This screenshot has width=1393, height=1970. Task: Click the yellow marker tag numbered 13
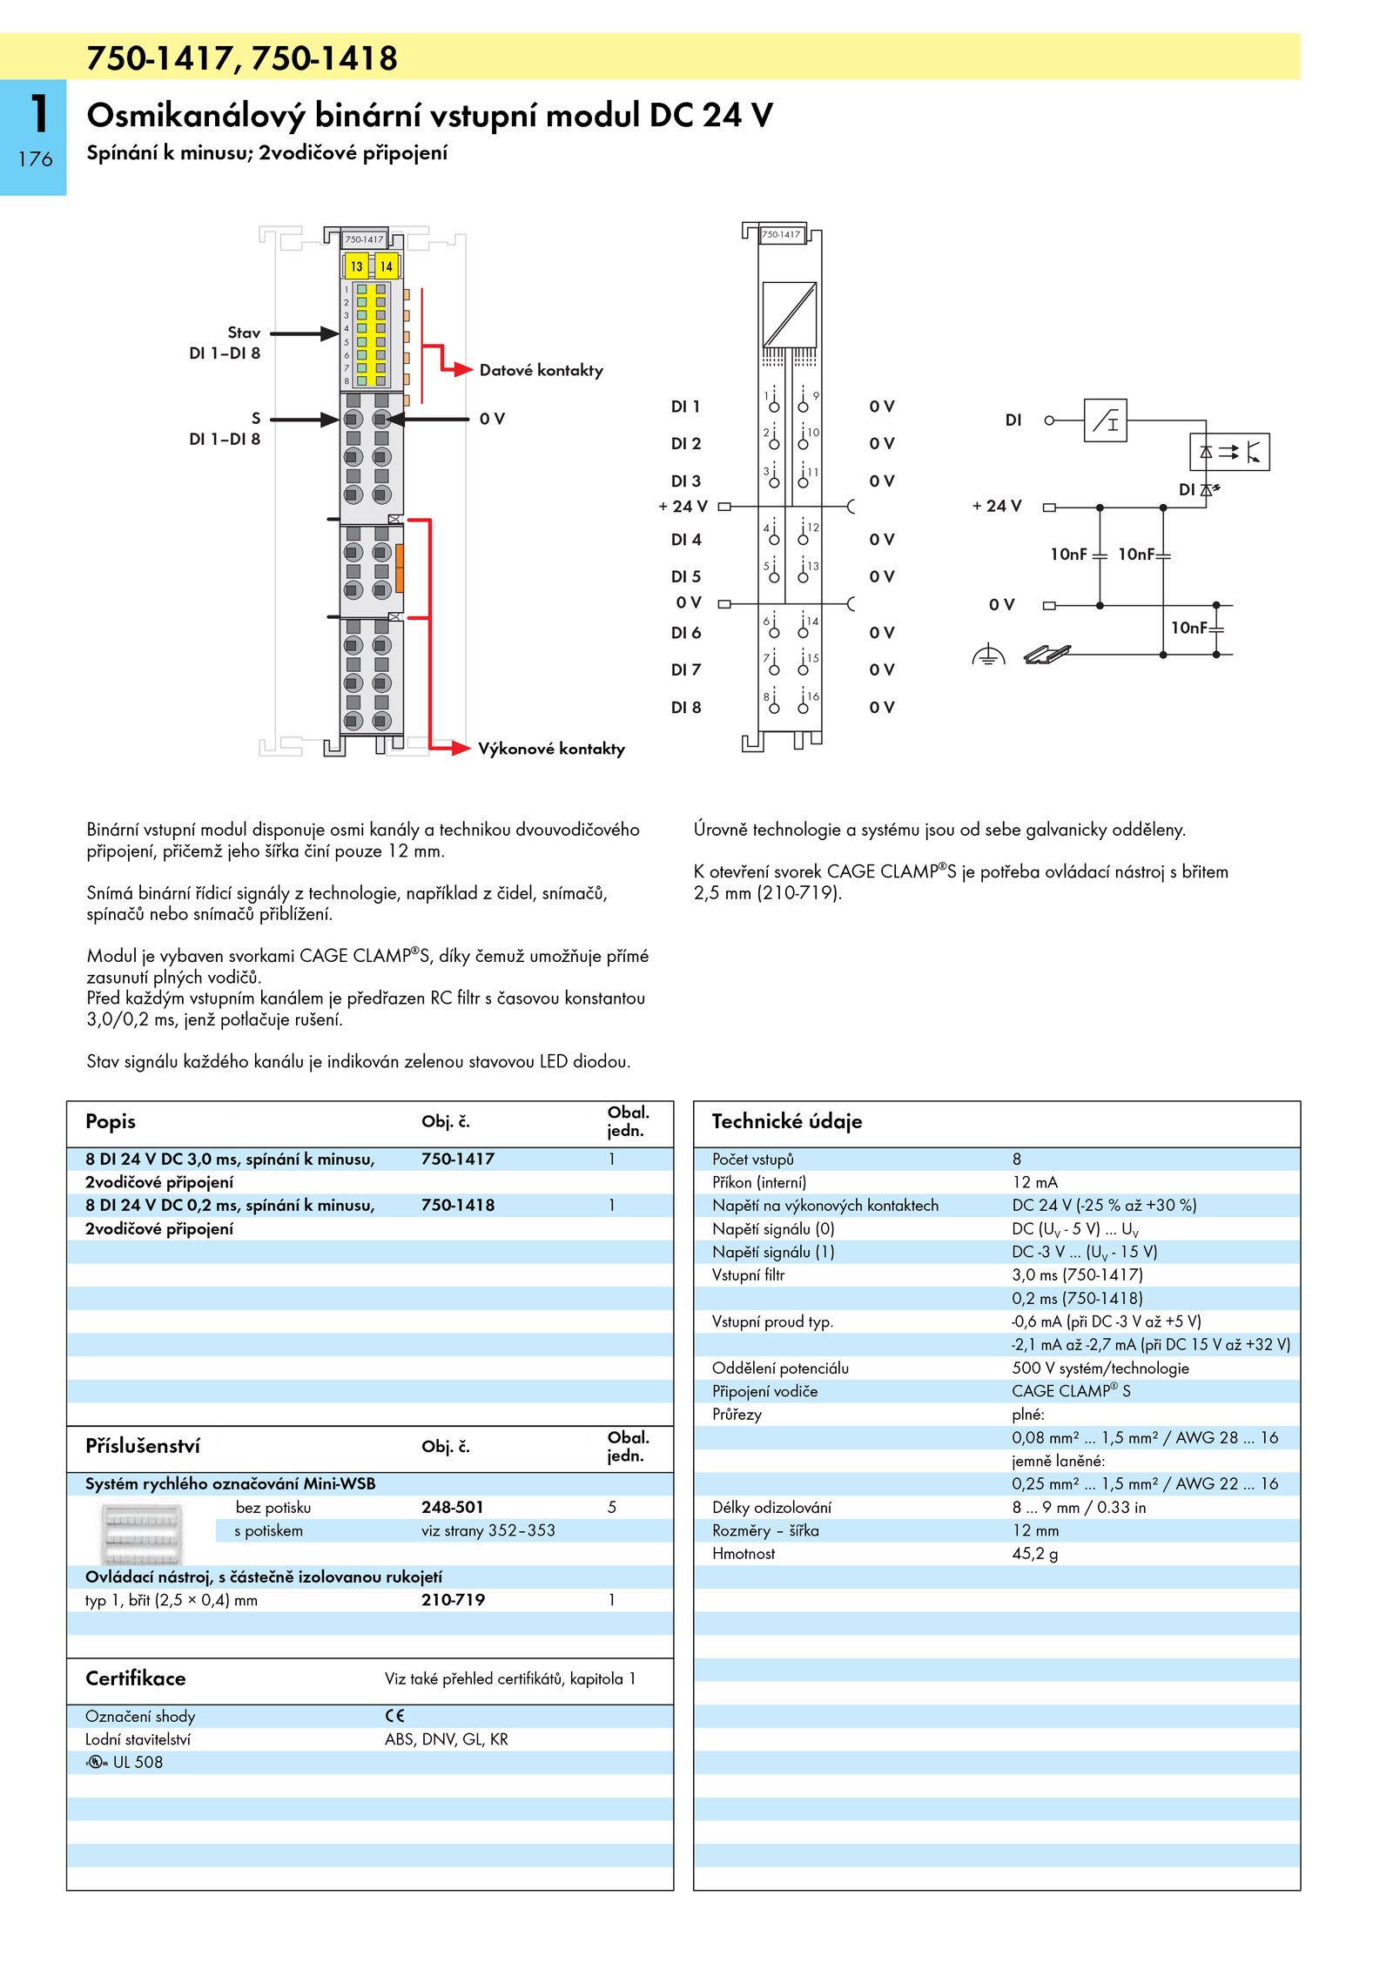356,266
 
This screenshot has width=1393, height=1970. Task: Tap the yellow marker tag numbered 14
386,266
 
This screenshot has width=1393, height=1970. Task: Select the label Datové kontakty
541,370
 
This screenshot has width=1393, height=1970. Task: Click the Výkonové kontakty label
551,749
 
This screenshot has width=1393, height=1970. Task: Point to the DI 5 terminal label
685,576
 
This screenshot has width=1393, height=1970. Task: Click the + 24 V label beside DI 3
683,506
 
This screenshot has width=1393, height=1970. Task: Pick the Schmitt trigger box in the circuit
1105,420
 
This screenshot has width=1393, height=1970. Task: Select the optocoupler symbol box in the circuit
1228,452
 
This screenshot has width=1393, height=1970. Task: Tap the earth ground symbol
988,655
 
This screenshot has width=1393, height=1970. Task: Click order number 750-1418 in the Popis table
458,1206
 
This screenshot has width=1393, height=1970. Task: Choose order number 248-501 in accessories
452,1507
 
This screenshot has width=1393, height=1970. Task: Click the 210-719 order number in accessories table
453,1600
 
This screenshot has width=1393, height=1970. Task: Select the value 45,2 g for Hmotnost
1034,1554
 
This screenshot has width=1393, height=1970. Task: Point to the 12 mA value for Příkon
1034,1182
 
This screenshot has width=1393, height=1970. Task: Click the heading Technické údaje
786,1121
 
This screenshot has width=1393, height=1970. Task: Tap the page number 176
35,159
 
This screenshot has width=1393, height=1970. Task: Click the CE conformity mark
394,1716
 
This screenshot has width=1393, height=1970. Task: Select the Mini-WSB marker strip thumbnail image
142,1532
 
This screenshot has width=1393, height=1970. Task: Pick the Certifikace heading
135,1678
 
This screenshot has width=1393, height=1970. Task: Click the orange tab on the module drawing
400,567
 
